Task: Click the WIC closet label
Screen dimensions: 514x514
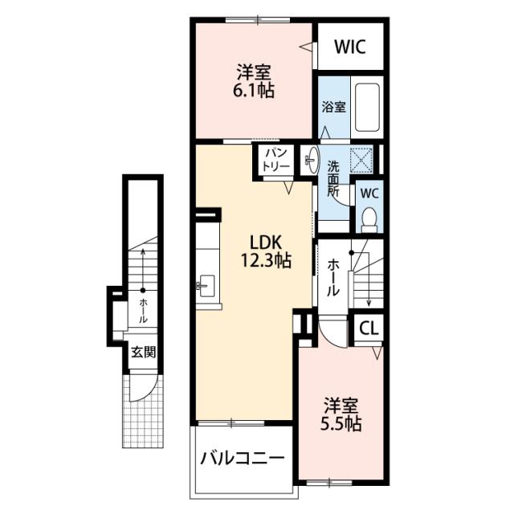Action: pos(350,47)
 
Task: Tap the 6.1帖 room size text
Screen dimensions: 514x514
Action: pos(254,90)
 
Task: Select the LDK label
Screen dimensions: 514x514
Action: pos(266,243)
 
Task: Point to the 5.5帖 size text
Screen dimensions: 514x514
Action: pos(341,423)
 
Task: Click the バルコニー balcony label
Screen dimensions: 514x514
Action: pos(243,459)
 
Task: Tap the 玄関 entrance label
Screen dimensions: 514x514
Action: pos(143,353)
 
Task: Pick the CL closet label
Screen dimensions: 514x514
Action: pos(369,328)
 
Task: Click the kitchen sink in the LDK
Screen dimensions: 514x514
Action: pos(206,286)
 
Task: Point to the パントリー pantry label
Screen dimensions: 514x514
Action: pos(276,159)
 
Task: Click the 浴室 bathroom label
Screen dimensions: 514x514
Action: pos(333,107)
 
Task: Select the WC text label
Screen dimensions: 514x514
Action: pos(369,194)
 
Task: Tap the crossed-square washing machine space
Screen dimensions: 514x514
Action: pos(361,160)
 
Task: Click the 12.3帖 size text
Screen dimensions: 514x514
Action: pos(266,260)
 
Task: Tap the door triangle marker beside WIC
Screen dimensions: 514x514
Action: pos(305,47)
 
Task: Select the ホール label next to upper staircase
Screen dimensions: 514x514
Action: pos(332,277)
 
